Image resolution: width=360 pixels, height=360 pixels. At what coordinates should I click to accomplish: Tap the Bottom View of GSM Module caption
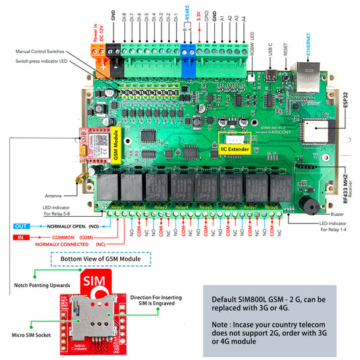[109, 259]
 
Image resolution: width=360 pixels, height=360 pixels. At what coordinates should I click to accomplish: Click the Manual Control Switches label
[49, 51]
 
